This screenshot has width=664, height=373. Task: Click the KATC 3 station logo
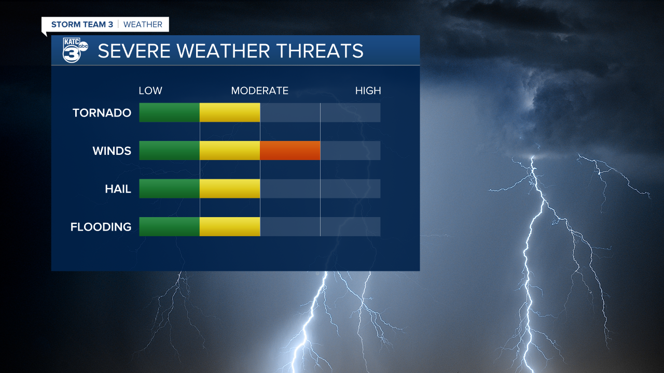(75, 50)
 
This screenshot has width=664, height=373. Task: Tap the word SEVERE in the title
(134, 51)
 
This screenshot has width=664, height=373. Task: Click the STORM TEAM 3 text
(82, 24)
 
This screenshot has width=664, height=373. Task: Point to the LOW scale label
(150, 91)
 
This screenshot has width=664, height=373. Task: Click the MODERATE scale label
(260, 91)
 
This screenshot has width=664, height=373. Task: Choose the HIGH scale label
(368, 91)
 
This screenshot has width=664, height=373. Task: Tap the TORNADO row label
(102, 113)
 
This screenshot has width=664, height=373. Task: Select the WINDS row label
(112, 151)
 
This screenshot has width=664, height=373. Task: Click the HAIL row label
(118, 189)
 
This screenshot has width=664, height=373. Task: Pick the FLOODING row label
(101, 227)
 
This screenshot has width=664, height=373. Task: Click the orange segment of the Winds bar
(290, 150)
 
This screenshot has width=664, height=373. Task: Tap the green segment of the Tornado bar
(170, 112)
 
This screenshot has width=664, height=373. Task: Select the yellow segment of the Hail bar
(230, 189)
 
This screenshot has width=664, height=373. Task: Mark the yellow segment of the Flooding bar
(230, 226)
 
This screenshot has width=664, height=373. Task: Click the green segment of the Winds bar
(170, 150)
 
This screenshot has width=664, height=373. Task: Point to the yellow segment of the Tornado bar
(230, 112)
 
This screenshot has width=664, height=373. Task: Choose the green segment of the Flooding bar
(170, 226)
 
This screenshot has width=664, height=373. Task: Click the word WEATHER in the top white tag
(143, 24)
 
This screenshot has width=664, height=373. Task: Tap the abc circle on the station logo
(84, 46)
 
